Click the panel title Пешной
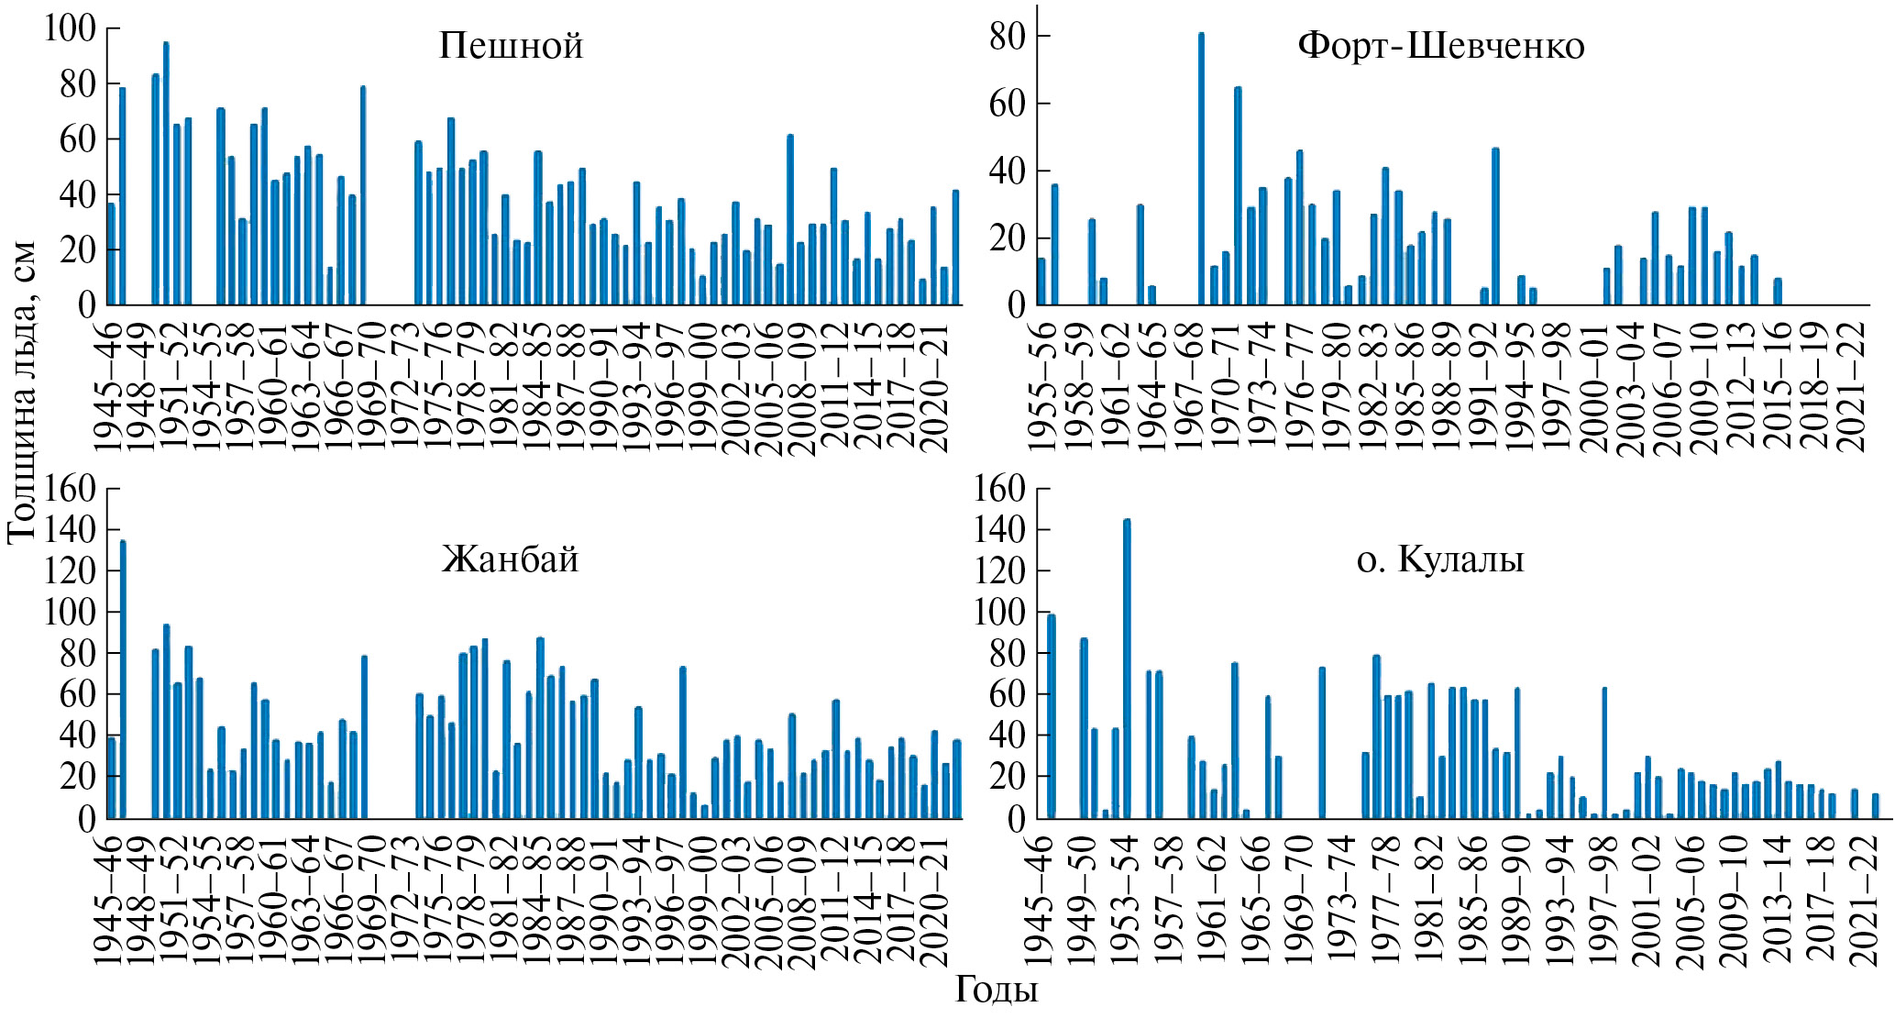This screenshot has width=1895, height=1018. pyautogui.click(x=511, y=46)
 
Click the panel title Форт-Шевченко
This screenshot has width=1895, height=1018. pyautogui.click(x=1440, y=46)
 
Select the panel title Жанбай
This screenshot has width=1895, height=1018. pyautogui.click(x=511, y=559)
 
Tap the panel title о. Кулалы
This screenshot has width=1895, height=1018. pyautogui.click(x=1440, y=559)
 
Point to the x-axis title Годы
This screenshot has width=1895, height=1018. pyautogui.click(x=997, y=990)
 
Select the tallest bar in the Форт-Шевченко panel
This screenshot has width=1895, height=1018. pyautogui.click(x=1201, y=169)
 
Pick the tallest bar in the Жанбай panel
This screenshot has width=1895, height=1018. pyautogui.click(x=123, y=679)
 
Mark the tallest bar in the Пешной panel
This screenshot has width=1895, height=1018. pyautogui.click(x=166, y=173)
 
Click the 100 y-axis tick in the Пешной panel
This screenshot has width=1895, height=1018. pyautogui.click(x=70, y=28)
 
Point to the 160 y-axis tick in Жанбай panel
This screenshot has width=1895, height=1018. pyautogui.click(x=70, y=489)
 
